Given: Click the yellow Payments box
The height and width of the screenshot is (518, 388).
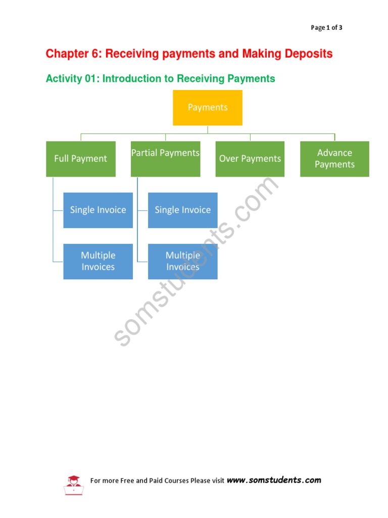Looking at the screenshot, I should [208, 108].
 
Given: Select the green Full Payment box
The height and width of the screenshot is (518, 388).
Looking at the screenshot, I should [81, 159].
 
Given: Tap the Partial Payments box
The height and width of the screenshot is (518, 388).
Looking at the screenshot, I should [165, 159].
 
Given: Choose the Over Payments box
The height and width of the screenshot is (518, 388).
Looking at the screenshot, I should [250, 159].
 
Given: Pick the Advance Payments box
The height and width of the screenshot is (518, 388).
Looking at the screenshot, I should [334, 159].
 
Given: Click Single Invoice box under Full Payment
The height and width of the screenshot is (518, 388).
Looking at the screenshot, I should [98, 210].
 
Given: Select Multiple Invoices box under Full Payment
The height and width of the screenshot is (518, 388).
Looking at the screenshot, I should [98, 262].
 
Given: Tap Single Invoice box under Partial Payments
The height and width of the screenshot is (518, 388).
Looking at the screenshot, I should [183, 210].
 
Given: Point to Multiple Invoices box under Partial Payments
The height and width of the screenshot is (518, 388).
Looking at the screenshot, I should [183, 262].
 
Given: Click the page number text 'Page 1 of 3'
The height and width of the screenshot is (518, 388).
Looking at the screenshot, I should [326, 28].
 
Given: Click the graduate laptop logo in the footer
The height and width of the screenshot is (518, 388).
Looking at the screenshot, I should [73, 485].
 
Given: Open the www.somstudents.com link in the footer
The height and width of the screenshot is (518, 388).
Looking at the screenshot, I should [274, 480].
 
